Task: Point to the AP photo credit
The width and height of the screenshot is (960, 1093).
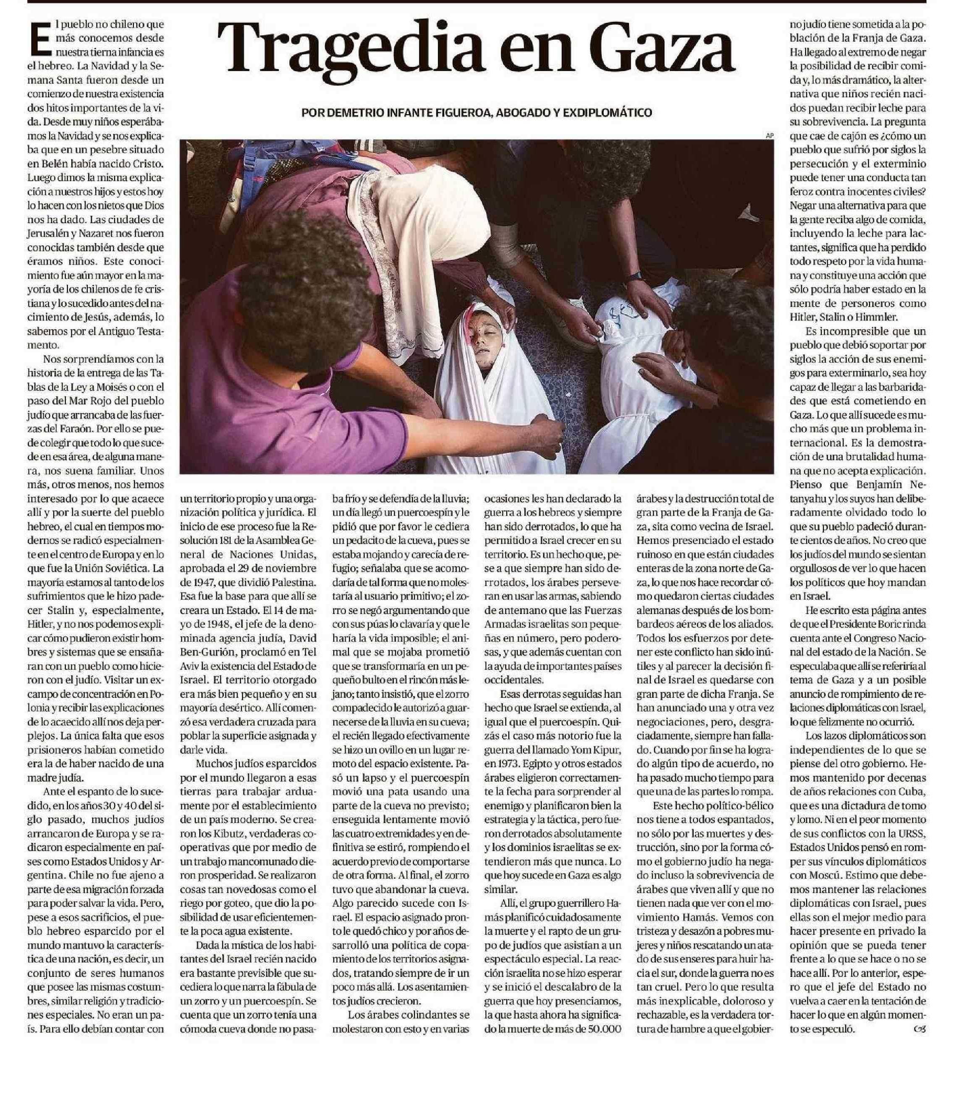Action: coord(769,136)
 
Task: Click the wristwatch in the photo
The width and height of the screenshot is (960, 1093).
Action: coord(634,276)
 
